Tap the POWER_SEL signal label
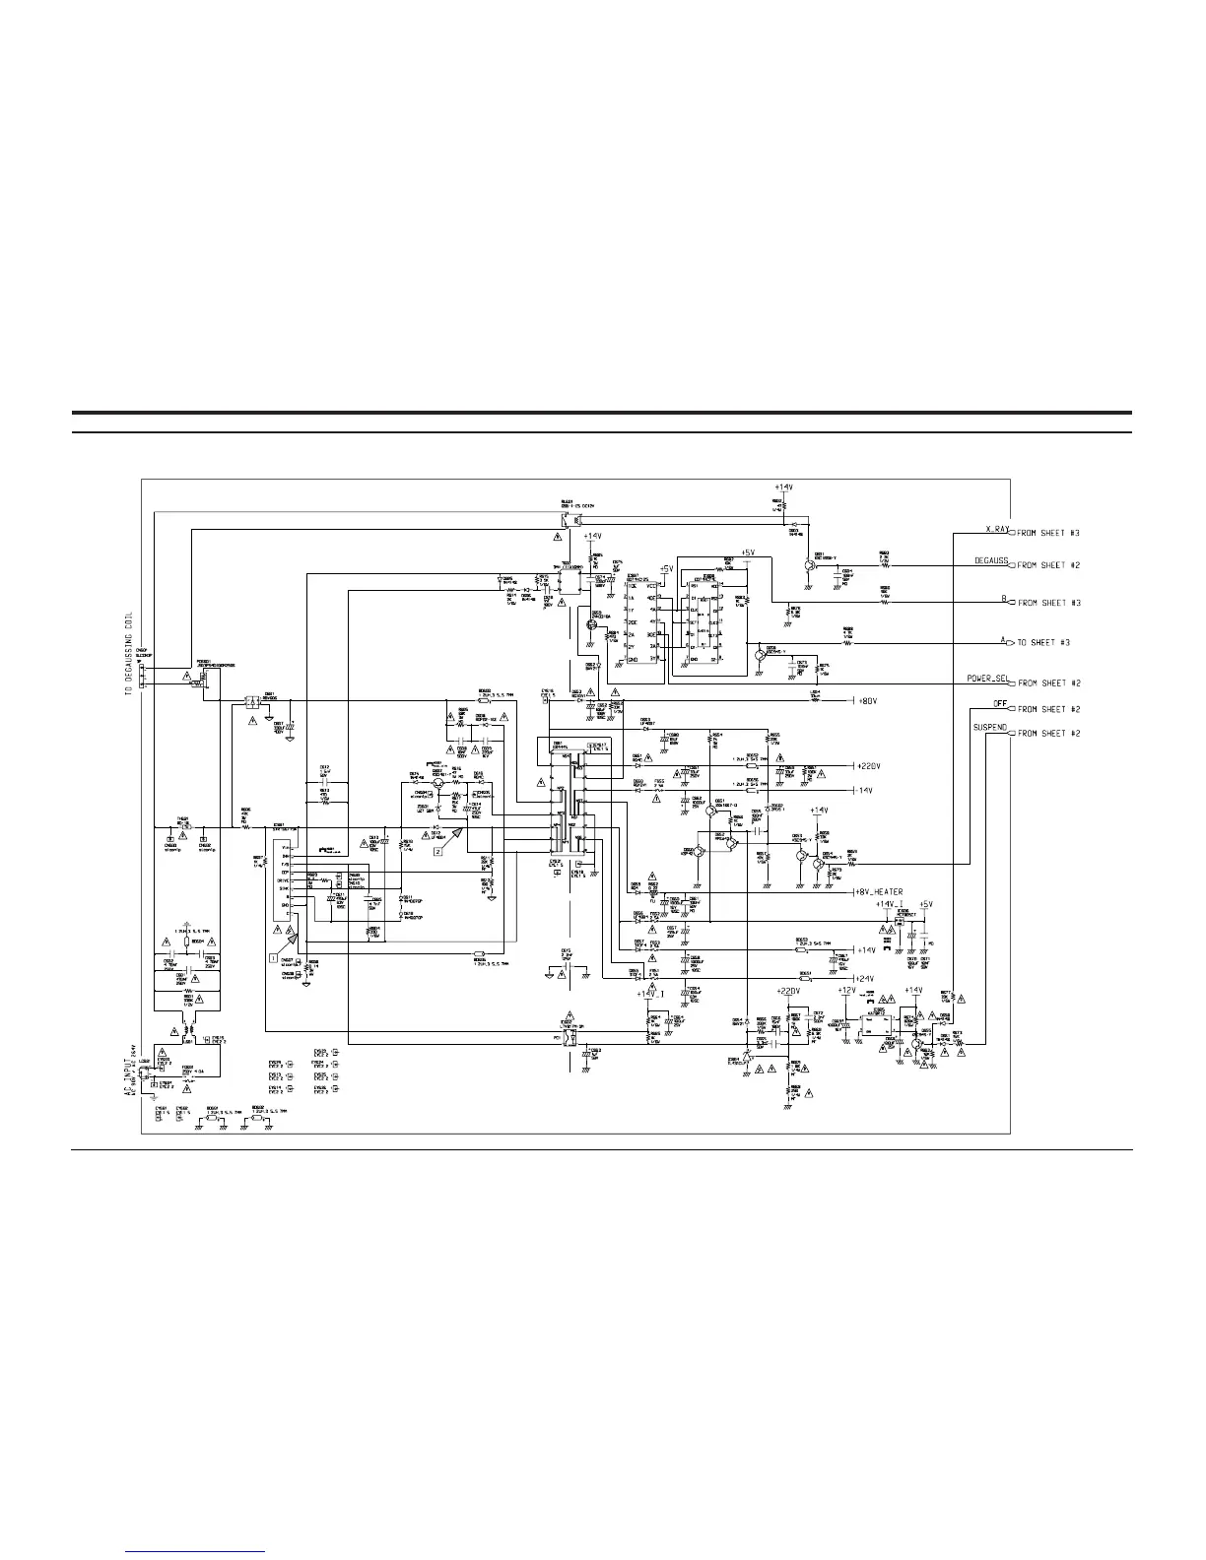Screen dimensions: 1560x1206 (x=980, y=679)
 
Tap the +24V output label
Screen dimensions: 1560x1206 (x=864, y=978)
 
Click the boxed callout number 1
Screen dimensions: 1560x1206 (x=273, y=955)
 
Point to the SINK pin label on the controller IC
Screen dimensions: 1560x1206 (x=285, y=888)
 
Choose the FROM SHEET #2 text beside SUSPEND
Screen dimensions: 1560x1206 (x=1048, y=734)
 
